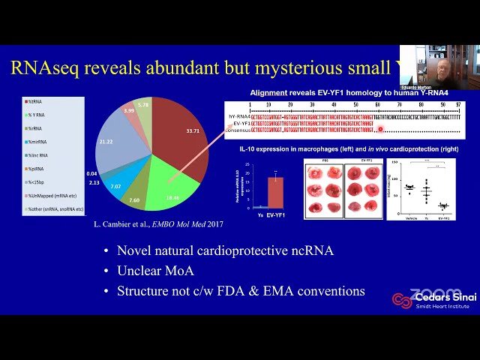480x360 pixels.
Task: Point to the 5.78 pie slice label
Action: coord(144,106)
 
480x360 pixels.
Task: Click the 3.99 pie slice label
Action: coord(129,111)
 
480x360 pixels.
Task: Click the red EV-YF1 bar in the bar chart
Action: coord(275,191)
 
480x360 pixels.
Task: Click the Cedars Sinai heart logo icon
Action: coord(402,300)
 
